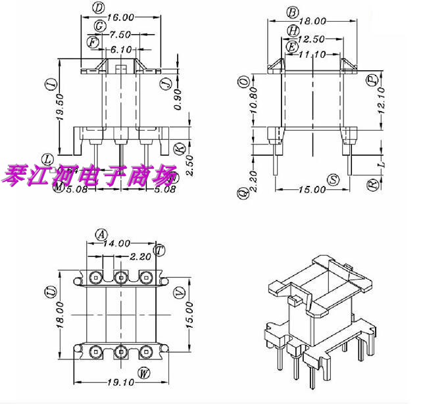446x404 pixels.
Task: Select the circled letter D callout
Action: click(98, 8)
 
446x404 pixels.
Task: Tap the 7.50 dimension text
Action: click(120, 34)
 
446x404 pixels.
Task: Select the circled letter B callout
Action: click(292, 12)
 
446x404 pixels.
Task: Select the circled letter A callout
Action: click(101, 234)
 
